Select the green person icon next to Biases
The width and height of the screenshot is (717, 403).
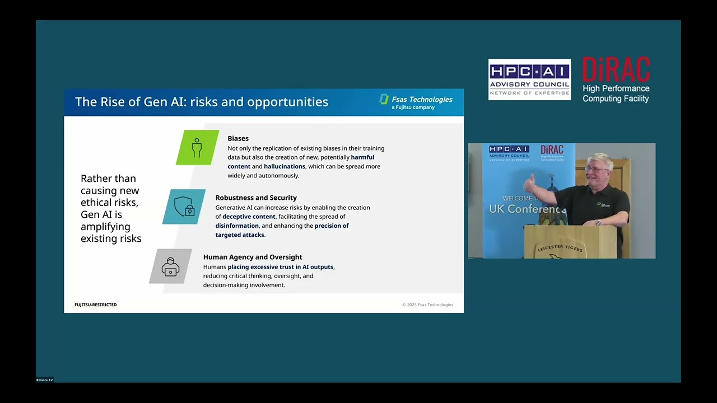[197, 148]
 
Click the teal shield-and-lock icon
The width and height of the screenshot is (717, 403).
[184, 207]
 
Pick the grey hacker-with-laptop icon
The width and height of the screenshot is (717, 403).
[171, 267]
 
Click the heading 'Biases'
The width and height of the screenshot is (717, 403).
[238, 138]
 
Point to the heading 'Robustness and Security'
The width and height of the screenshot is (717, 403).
[256, 198]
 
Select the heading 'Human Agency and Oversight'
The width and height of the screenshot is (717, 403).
[253, 257]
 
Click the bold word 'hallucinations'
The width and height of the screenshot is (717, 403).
[285, 166]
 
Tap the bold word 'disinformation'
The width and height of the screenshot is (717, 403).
[237, 226]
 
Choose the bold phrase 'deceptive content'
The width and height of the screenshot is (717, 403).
[249, 217]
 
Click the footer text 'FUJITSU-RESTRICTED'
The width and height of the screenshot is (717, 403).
[96, 304]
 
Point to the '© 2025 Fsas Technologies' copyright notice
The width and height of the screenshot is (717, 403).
[427, 304]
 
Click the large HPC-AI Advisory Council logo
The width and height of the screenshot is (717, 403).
[529, 79]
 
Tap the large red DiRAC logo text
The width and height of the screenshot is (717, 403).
[616, 69]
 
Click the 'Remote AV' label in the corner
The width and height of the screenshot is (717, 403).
[45, 380]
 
